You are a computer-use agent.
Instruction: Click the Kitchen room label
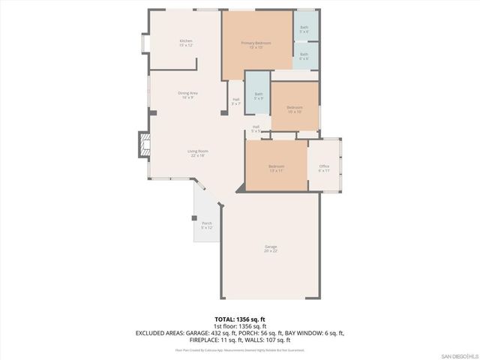coord(186,43)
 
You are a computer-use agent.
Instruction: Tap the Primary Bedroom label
coord(256,45)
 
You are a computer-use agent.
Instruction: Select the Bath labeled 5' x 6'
coord(304,31)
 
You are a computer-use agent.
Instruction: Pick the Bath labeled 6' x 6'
coord(304,56)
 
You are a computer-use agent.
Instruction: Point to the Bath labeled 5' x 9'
coord(258,96)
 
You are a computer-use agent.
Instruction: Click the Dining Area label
coord(187,95)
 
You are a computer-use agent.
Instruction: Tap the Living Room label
coord(197,154)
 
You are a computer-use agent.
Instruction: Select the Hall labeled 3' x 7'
coord(235,101)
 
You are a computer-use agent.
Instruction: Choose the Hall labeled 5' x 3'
coord(256,129)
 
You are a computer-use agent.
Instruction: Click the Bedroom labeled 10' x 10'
coord(294,109)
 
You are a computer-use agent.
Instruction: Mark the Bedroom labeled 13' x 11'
coord(276,168)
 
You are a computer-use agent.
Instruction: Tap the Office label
coord(324,168)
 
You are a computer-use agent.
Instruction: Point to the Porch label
coord(206,225)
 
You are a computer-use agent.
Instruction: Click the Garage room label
coord(271,249)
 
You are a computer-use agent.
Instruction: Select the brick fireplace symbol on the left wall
coord(142,145)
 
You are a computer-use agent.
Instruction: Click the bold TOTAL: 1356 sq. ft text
coord(239,319)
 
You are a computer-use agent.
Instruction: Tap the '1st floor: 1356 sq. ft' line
coord(239,326)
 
